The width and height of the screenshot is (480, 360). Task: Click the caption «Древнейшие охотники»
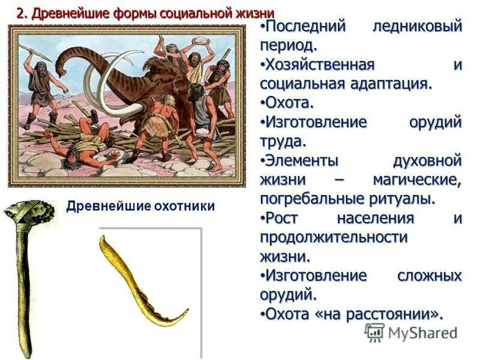[x=140, y=206]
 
